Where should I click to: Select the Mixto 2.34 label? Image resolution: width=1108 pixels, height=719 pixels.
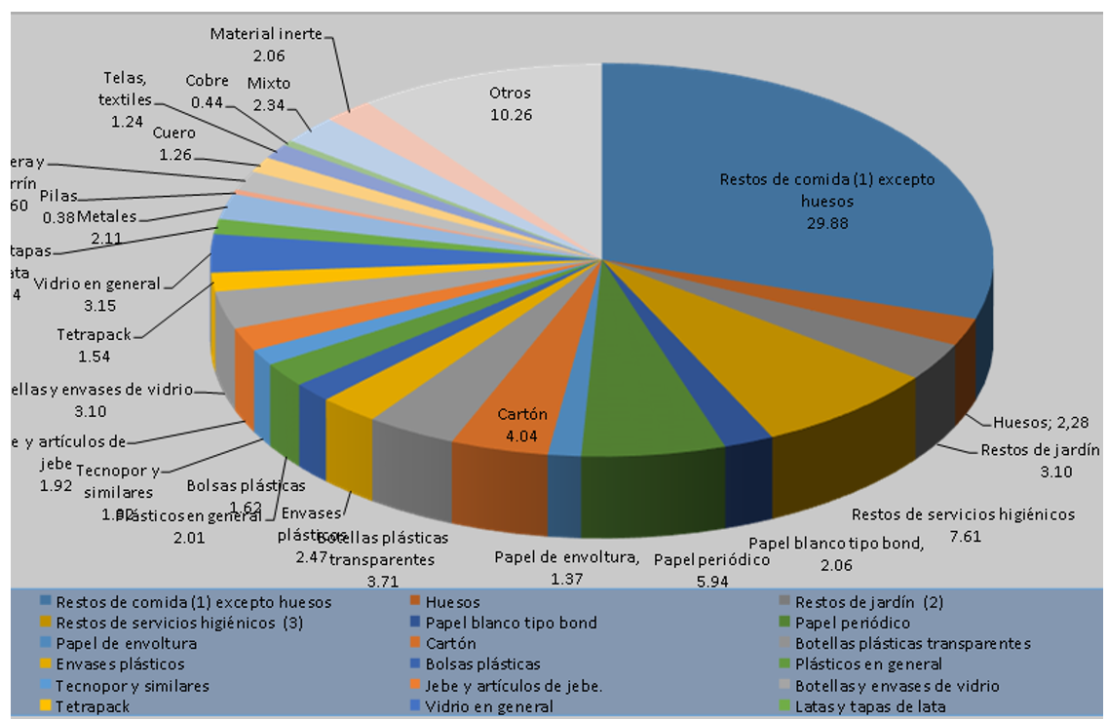(x=268, y=94)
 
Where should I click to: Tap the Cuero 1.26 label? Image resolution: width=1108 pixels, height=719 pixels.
(x=174, y=143)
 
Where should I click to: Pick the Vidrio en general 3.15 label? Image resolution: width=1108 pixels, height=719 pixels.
(x=96, y=294)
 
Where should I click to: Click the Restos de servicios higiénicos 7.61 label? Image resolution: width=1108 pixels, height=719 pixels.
(x=962, y=524)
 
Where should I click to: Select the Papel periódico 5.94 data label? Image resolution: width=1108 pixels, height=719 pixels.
(x=711, y=571)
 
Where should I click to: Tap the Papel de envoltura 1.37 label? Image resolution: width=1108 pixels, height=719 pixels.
(x=566, y=568)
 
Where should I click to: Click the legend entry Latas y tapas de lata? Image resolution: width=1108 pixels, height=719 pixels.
(x=869, y=706)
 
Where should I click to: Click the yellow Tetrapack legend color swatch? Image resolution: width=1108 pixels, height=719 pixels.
(x=43, y=706)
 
